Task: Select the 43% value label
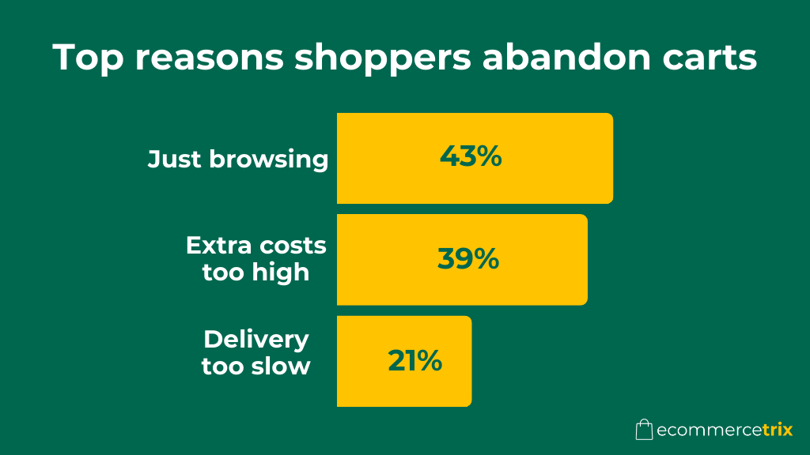click(x=471, y=156)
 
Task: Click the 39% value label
click(x=468, y=258)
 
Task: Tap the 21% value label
click(x=414, y=360)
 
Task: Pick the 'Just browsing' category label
click(x=238, y=159)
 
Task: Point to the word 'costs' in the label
click(x=290, y=246)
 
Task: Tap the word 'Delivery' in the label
click(x=256, y=340)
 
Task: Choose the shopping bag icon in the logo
click(x=644, y=429)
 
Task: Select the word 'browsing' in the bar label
click(x=269, y=160)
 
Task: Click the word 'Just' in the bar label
click(x=176, y=159)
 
